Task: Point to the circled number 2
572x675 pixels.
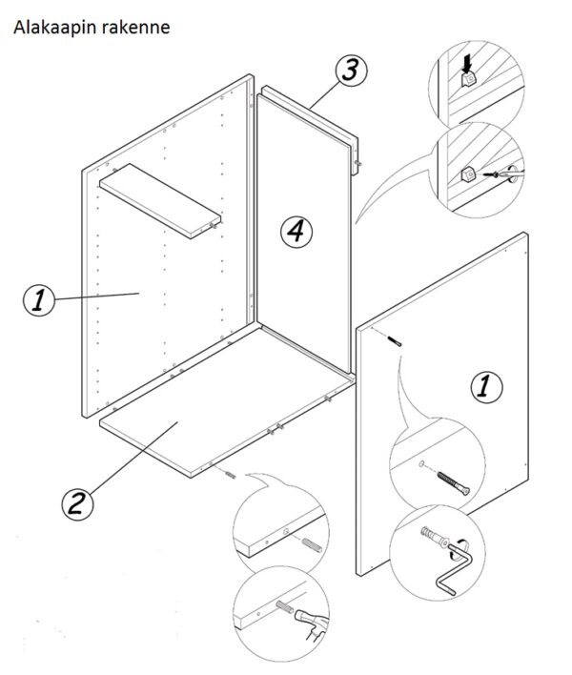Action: [78, 501]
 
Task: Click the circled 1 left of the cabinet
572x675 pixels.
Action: [39, 301]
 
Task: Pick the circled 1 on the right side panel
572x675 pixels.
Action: [486, 386]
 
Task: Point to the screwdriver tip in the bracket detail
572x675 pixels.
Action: [497, 175]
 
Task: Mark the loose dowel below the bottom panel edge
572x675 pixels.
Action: [232, 474]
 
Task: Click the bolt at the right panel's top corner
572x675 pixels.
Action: [397, 339]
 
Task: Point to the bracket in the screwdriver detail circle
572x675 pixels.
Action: [468, 174]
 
